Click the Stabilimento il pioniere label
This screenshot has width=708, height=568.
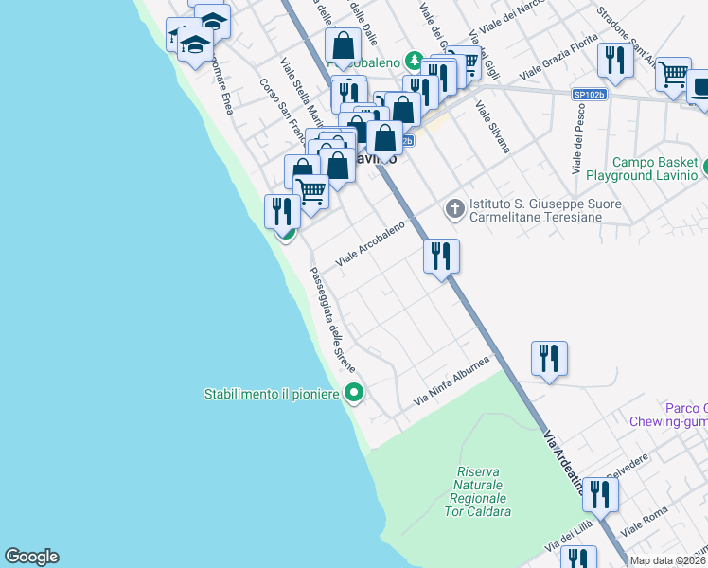273,393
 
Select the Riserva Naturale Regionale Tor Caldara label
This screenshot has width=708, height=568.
484,491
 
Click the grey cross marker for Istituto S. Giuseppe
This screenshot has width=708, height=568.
454,208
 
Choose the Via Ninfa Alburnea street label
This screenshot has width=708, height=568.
451,382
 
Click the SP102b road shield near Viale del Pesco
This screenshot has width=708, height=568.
589,95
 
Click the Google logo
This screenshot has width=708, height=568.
31,557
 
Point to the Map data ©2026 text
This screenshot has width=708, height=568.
668,560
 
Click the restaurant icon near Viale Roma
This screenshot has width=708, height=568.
600,494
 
